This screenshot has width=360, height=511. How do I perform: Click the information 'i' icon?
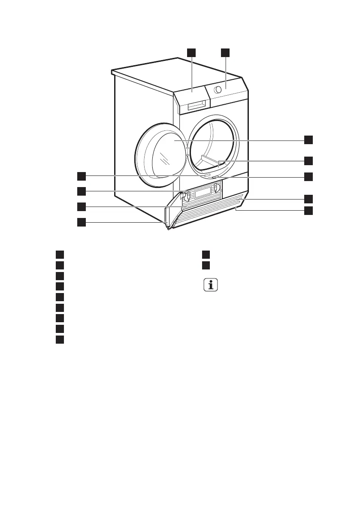click(x=210, y=285)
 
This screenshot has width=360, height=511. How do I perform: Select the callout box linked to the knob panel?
click(x=226, y=53)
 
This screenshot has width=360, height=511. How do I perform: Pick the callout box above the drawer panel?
click(x=191, y=53)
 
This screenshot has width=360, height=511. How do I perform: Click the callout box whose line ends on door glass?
click(x=309, y=140)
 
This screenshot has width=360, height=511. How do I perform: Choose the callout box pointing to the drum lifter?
click(x=309, y=161)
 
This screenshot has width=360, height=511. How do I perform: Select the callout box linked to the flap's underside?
click(x=309, y=211)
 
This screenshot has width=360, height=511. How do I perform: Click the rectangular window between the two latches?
click(x=202, y=193)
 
